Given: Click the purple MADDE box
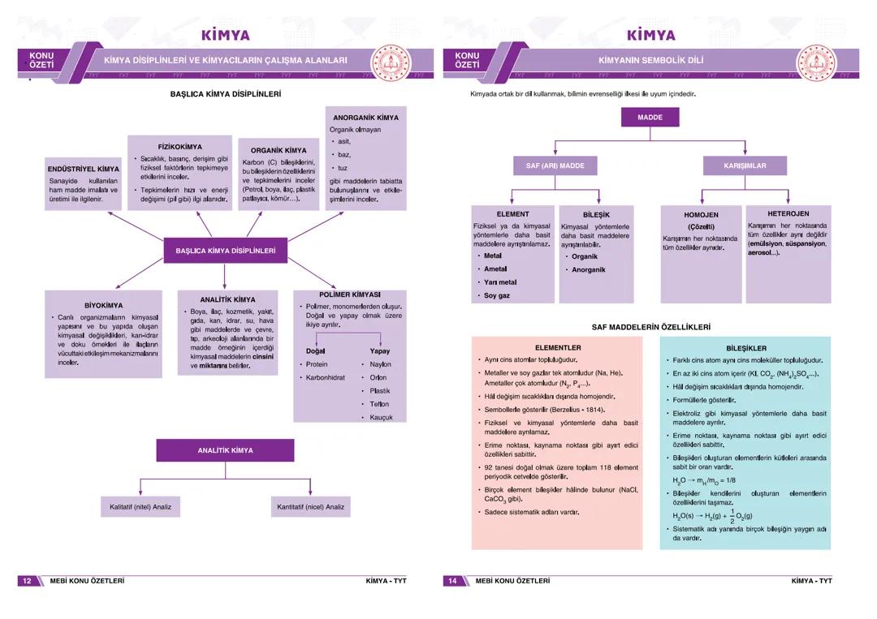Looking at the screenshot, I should pyautogui.click(x=650, y=118).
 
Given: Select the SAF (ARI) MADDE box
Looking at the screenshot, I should pyautogui.click(x=555, y=165).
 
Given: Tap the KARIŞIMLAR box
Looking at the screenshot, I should pyautogui.click(x=745, y=165).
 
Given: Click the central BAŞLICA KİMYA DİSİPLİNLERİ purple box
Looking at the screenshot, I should pyautogui.click(x=225, y=251).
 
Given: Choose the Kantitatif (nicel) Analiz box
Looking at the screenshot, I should pyautogui.click(x=310, y=507).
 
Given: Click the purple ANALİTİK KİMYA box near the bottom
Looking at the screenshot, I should pyautogui.click(x=225, y=450).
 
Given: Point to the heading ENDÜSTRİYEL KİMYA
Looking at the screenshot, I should pyautogui.click(x=83, y=169).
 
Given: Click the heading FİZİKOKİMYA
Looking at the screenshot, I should pyautogui.click(x=180, y=147).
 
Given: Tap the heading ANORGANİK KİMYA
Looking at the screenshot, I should pyautogui.click(x=365, y=118).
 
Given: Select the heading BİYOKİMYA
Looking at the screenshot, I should pyautogui.click(x=103, y=305).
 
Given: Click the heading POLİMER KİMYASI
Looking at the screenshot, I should pyautogui.click(x=350, y=294).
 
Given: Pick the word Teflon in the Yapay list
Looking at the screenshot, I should pyautogui.click(x=379, y=404).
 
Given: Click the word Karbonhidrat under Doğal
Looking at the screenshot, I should pyautogui.click(x=326, y=378).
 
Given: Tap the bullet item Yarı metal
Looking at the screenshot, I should pyautogui.click(x=500, y=282).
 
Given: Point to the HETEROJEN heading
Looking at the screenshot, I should pyautogui.click(x=788, y=213).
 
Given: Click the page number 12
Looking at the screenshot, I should pyautogui.click(x=27, y=581).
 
